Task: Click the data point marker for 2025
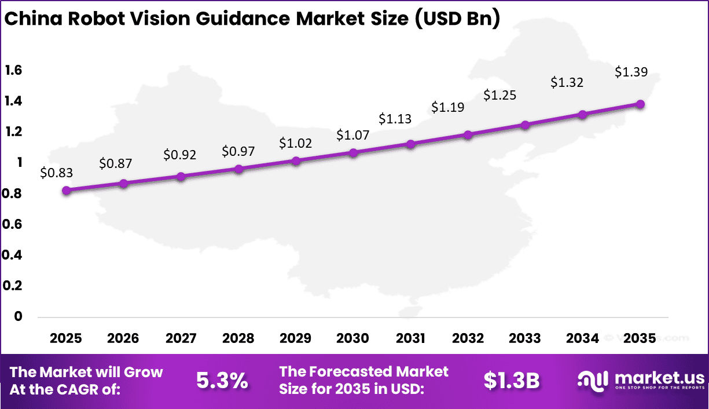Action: click(x=66, y=191)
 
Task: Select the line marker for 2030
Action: click(x=353, y=153)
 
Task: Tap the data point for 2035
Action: click(x=640, y=104)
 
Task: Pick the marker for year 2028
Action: click(x=238, y=169)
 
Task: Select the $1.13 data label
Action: click(x=395, y=119)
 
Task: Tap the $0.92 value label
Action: click(x=180, y=155)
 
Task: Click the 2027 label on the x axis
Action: click(x=181, y=338)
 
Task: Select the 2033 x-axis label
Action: click(x=525, y=338)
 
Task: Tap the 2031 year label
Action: click(x=410, y=338)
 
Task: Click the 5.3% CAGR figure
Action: click(x=222, y=381)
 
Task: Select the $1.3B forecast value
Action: click(x=512, y=381)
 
